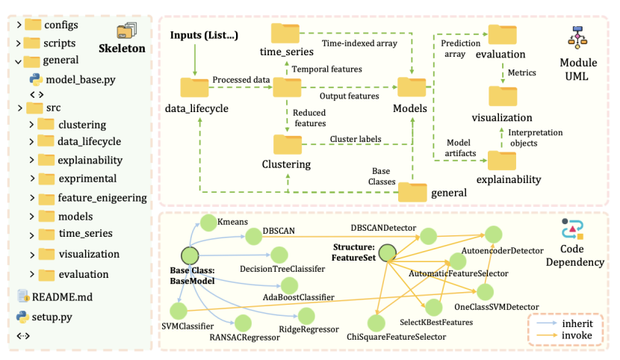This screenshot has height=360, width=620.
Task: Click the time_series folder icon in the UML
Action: [285, 33]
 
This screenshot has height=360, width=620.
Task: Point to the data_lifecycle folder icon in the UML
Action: [196, 87]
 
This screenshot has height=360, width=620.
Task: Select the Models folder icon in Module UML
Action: [410, 87]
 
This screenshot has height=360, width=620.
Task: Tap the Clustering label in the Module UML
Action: [286, 164]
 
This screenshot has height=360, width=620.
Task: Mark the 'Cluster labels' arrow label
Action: [355, 139]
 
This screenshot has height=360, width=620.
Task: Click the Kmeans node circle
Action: [207, 223]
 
